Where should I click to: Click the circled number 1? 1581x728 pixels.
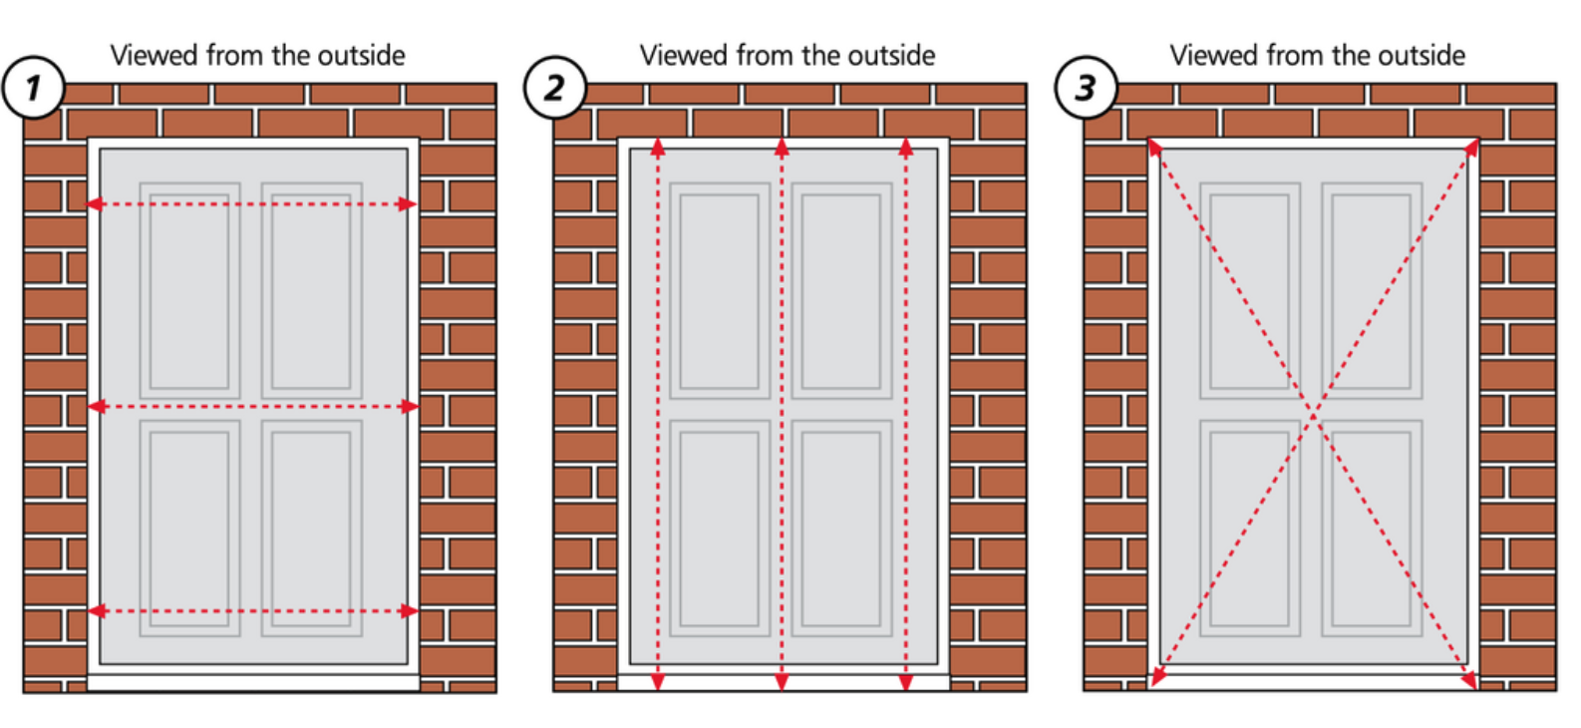pyautogui.click(x=33, y=88)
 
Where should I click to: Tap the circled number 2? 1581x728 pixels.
pyautogui.click(x=554, y=88)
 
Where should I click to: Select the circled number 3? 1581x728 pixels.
pyautogui.click(x=1086, y=88)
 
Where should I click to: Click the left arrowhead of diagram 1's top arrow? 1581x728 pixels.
pyautogui.click(x=95, y=204)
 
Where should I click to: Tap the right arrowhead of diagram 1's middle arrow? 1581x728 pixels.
pyautogui.click(x=410, y=407)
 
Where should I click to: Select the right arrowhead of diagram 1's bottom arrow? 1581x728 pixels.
pyautogui.click(x=410, y=611)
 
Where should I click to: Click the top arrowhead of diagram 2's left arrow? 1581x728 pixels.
pyautogui.click(x=658, y=148)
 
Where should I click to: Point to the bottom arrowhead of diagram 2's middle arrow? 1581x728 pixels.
pyautogui.click(x=782, y=681)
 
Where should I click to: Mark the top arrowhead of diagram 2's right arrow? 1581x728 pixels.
pyautogui.click(x=905, y=148)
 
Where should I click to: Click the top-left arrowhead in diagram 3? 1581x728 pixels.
pyautogui.click(x=1155, y=148)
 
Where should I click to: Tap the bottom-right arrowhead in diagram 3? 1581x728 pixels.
pyautogui.click(x=1468, y=680)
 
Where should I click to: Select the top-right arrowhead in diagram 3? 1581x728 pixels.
pyautogui.click(x=1471, y=147)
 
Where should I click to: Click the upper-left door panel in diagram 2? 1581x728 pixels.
pyautogui.click(x=720, y=290)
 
